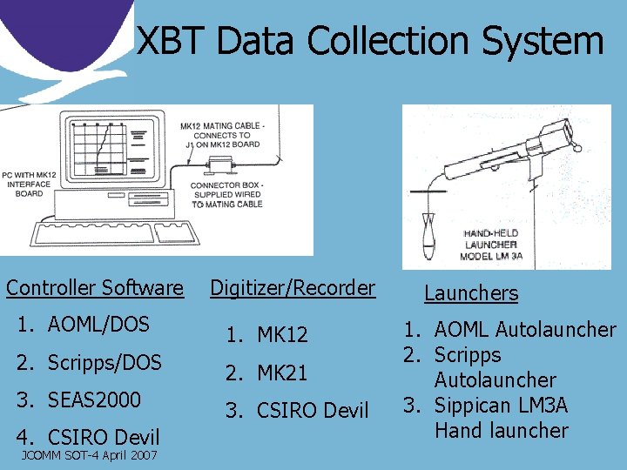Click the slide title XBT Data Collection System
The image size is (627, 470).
370,41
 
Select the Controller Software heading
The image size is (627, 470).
95,287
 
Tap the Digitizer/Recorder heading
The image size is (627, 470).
293,287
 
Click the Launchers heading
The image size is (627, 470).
470,293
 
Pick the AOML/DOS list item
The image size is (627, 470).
98,325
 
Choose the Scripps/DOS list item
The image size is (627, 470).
104,362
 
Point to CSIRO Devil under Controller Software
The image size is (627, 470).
103,437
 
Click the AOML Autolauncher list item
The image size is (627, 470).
524,330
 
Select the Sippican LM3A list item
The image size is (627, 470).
501,406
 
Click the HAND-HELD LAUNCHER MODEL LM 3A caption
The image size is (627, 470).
493,245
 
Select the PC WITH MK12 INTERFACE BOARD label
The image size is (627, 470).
30,183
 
